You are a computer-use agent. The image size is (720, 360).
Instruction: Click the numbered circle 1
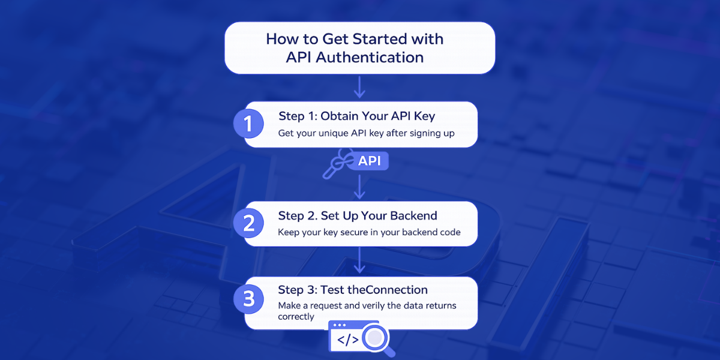tap(248, 124)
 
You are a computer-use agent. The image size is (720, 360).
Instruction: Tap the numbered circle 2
tap(248, 223)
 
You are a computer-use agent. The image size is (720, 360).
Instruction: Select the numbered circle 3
tap(248, 298)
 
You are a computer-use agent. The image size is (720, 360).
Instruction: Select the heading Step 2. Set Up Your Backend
tap(358, 215)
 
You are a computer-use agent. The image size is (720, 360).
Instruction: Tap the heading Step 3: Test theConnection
tap(353, 290)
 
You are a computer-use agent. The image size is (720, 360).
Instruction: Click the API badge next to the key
tap(370, 161)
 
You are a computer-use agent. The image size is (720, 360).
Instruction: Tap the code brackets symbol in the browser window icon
tap(348, 340)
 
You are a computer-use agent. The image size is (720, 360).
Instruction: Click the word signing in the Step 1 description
tap(425, 133)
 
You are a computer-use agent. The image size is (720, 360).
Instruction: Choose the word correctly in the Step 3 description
tap(296, 316)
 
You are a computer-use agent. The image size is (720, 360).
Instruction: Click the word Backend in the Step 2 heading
tap(413, 215)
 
